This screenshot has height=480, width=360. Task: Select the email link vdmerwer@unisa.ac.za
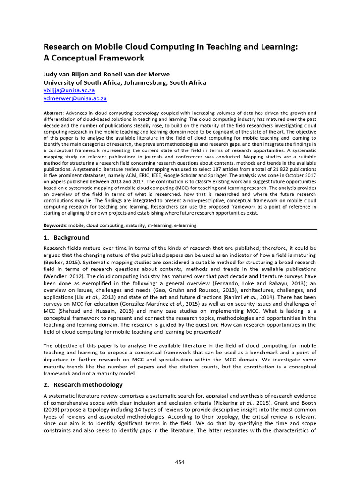75,98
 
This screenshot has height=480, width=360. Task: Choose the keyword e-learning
185,225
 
